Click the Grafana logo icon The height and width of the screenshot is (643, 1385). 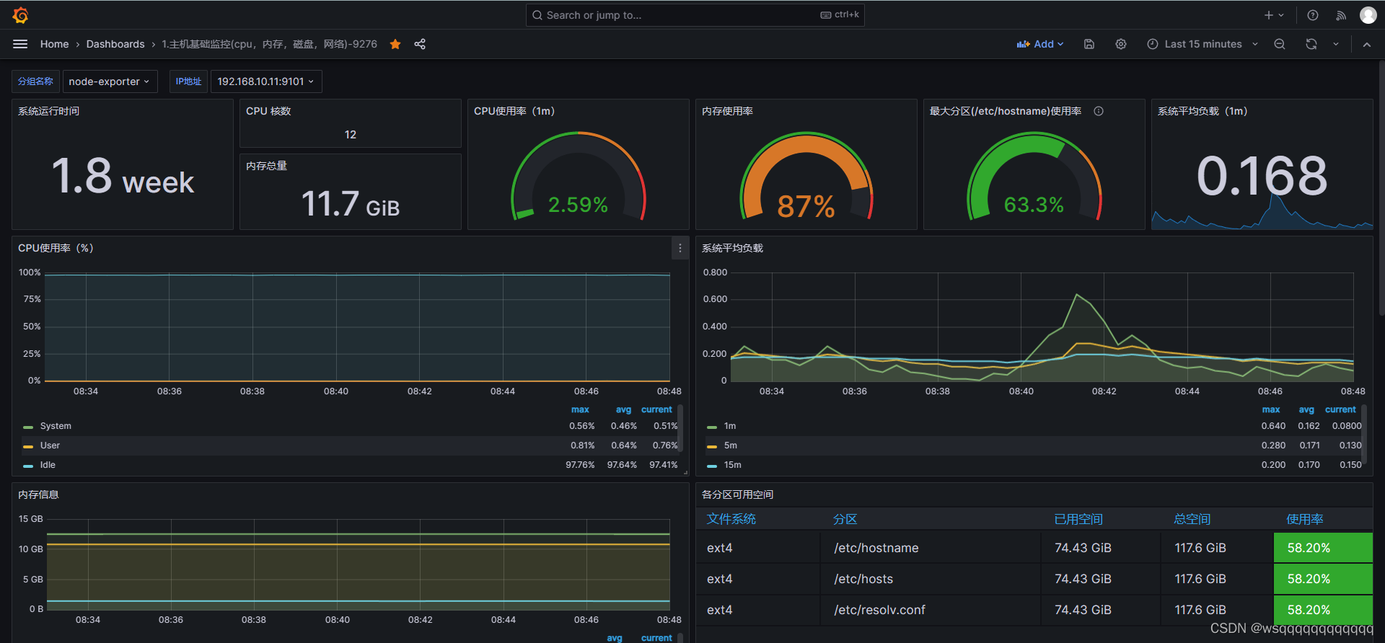[x=20, y=15]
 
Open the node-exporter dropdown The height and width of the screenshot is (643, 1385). [x=109, y=81]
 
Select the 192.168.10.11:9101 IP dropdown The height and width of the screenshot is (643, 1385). [x=265, y=81]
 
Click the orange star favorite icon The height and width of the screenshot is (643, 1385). [x=395, y=44]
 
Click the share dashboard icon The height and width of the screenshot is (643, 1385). [x=420, y=44]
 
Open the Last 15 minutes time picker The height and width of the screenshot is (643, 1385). [x=1202, y=44]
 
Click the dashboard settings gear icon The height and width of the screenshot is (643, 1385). [x=1120, y=44]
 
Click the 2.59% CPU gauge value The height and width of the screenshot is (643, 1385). [x=578, y=205]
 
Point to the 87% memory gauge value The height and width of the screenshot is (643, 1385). [x=806, y=207]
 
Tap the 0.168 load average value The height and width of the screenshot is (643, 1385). [x=1262, y=176]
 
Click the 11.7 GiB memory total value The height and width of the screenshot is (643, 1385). [x=350, y=204]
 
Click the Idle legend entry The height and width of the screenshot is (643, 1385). [x=48, y=465]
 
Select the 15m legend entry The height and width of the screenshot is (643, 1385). [x=732, y=465]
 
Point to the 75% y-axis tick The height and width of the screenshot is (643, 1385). [x=32, y=299]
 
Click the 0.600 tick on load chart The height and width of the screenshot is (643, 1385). [x=715, y=299]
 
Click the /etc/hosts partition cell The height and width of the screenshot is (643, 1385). [x=863, y=579]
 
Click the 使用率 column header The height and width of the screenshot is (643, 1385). [x=1304, y=519]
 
